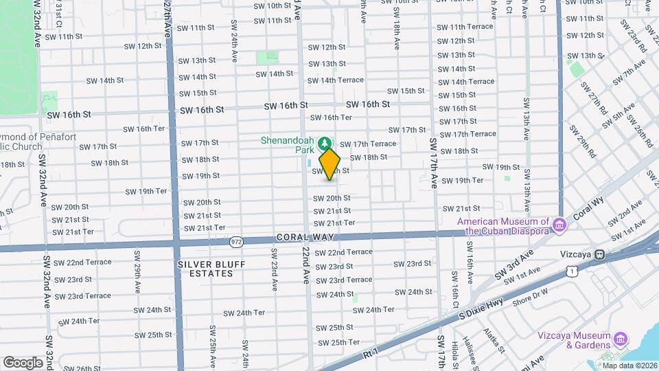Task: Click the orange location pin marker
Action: [x=330, y=164]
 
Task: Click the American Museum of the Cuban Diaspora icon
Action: [x=559, y=224]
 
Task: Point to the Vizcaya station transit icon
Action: [x=600, y=254]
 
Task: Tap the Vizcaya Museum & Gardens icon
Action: [x=621, y=338]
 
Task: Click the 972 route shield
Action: [x=237, y=241]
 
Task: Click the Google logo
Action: [x=23, y=361]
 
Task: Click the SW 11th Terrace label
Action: [x=465, y=27]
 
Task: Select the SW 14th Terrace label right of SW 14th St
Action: [x=336, y=80]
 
